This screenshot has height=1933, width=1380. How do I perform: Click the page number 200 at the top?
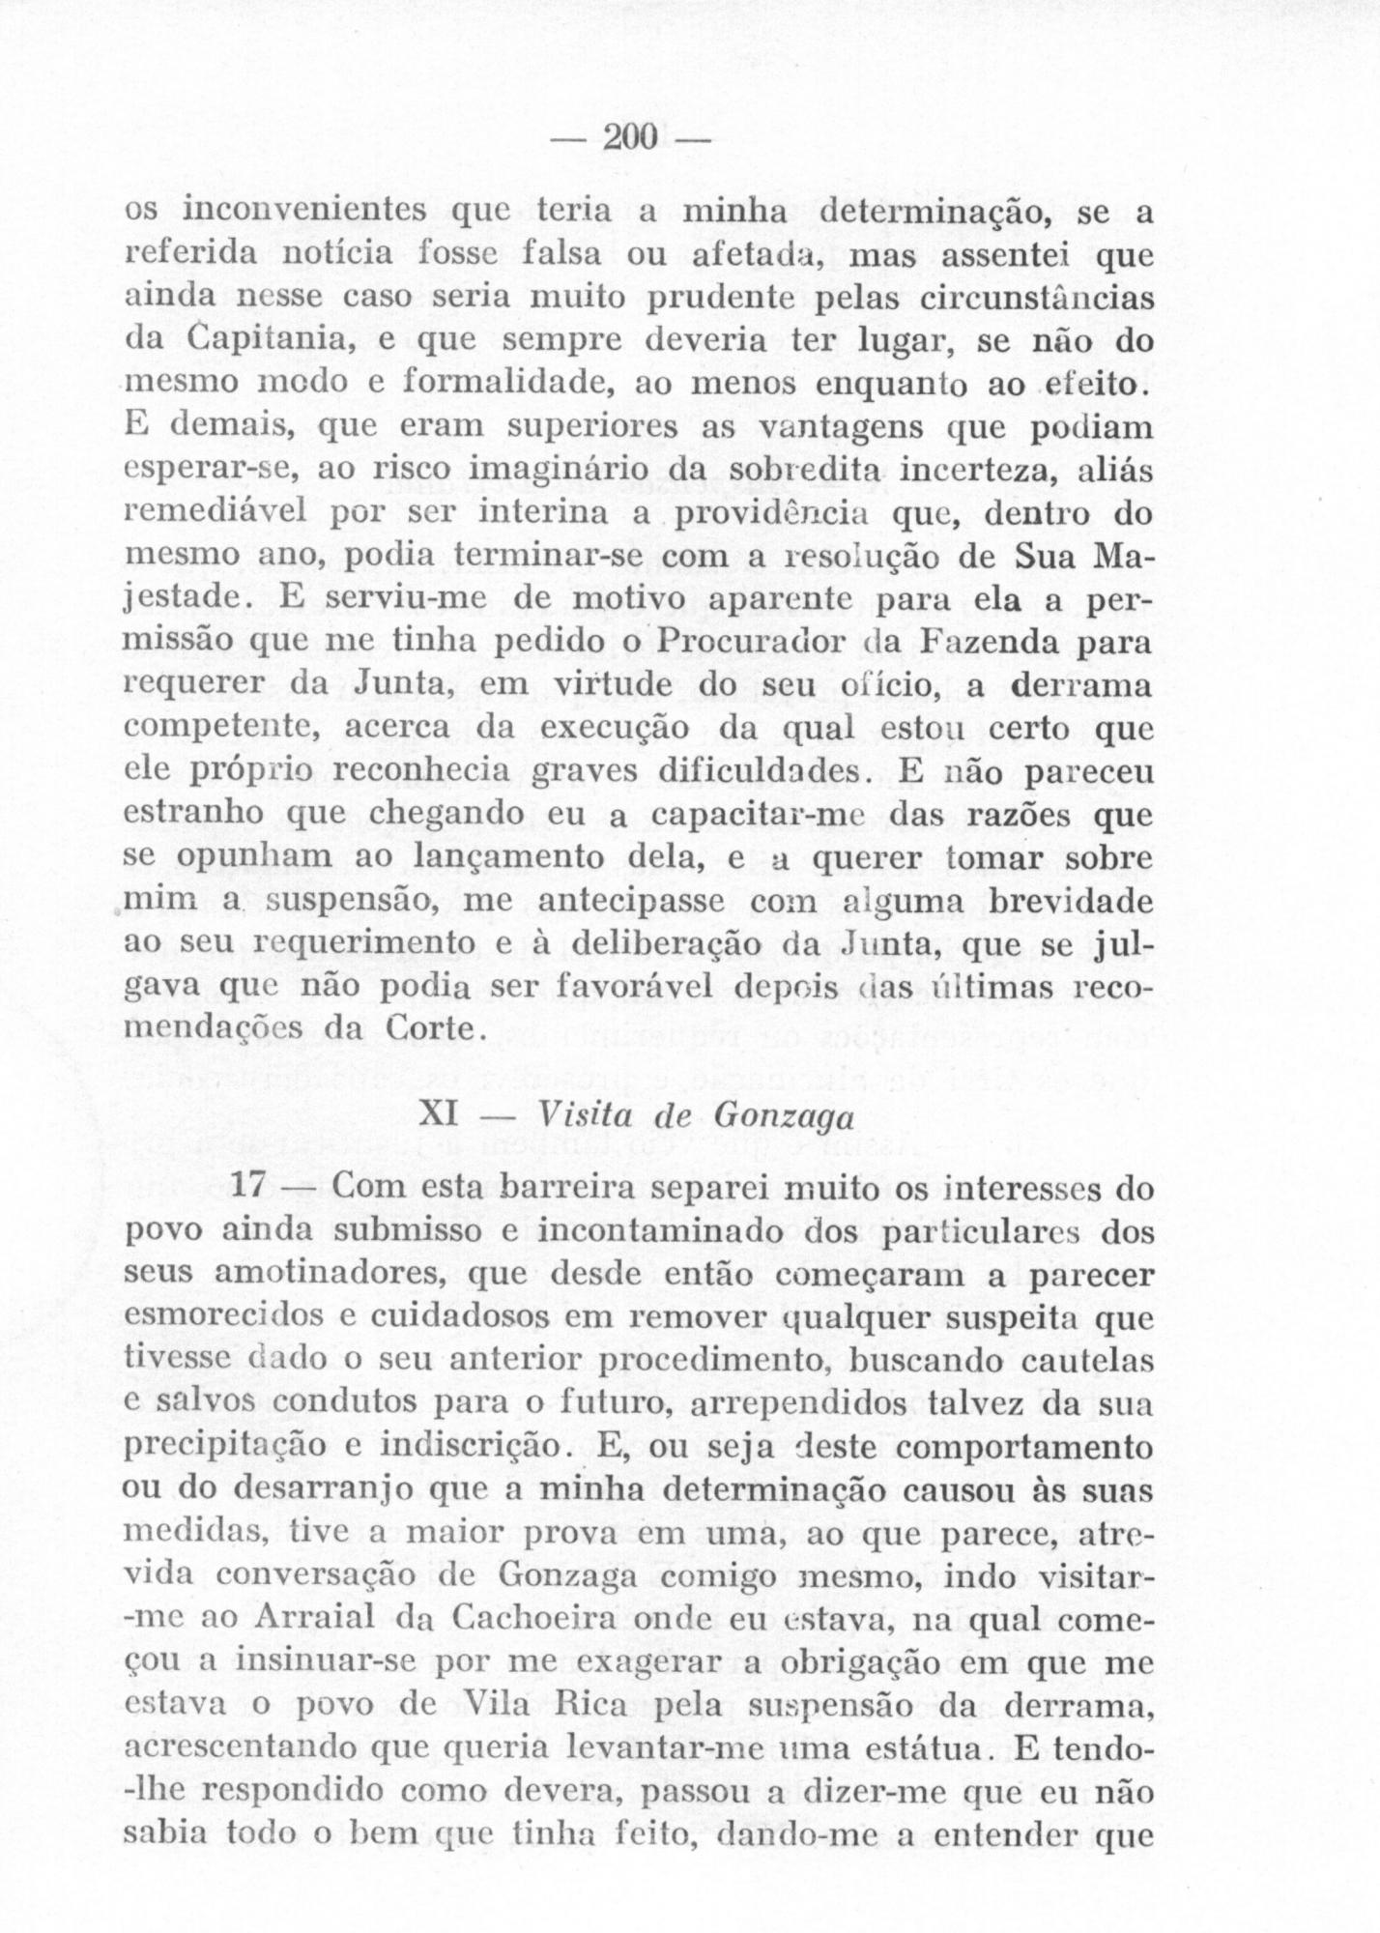pos(630,137)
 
